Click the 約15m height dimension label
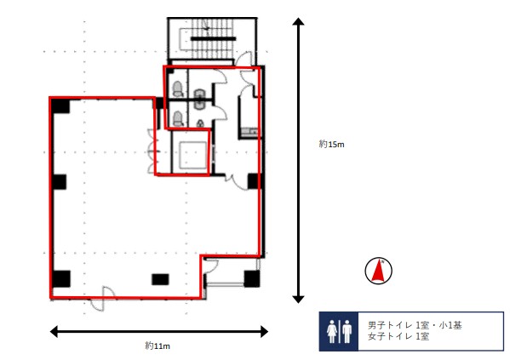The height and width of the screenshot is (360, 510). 331,144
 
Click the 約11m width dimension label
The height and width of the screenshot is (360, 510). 158,346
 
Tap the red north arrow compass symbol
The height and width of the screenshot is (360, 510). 378,271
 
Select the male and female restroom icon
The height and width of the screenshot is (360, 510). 339,331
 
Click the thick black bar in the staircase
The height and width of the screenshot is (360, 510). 213,38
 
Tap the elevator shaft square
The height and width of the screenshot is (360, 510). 193,155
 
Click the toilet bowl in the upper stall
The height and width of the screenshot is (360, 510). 178,89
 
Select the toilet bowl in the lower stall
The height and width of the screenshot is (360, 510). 178,118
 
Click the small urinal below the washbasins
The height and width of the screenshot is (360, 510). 201,123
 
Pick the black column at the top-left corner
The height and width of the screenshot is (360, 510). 60,106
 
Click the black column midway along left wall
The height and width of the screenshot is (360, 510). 60,182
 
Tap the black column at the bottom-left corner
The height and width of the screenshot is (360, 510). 61,279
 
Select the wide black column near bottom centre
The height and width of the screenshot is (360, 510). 160,279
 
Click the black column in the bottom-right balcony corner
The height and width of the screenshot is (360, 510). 252,278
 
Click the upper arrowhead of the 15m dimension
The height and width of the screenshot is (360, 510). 298,22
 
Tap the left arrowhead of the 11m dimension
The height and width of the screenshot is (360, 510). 54,332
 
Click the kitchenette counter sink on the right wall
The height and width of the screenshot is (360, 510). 249,132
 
